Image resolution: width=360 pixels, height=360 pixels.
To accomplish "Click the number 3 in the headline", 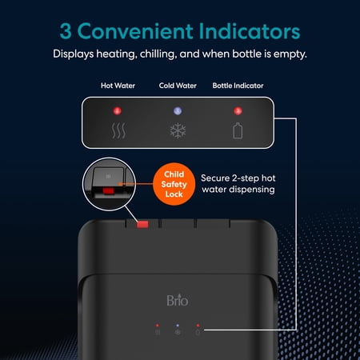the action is click(x=66, y=31).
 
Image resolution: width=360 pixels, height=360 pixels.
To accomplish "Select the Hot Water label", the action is click(x=118, y=86).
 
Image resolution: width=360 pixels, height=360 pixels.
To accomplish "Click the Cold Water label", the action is click(x=178, y=86).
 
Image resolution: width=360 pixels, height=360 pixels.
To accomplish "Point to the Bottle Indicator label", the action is click(x=238, y=86).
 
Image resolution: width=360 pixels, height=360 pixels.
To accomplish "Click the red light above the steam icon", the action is click(x=118, y=110).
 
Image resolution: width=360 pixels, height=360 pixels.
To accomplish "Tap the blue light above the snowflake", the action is click(x=178, y=110).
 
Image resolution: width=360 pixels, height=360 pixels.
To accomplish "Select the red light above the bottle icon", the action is click(x=238, y=110).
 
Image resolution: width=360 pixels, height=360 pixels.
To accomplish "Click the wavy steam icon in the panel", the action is click(x=118, y=131).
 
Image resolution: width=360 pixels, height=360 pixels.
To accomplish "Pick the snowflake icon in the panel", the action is click(x=178, y=130).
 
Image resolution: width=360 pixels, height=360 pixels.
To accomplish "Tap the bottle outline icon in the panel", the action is click(x=238, y=130).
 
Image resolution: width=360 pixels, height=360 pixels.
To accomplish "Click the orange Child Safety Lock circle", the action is click(x=174, y=184).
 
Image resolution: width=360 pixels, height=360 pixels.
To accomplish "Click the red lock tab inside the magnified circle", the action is click(x=109, y=191).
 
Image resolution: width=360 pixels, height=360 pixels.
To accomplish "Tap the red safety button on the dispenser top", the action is click(x=142, y=225).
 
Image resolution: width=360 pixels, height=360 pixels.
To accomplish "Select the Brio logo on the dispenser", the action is click(x=178, y=301).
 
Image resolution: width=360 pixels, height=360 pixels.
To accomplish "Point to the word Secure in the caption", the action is click(x=215, y=178).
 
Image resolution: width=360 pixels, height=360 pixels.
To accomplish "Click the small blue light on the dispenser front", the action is click(x=178, y=326).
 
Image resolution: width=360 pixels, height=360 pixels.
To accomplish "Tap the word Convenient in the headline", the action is click(x=135, y=31).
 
